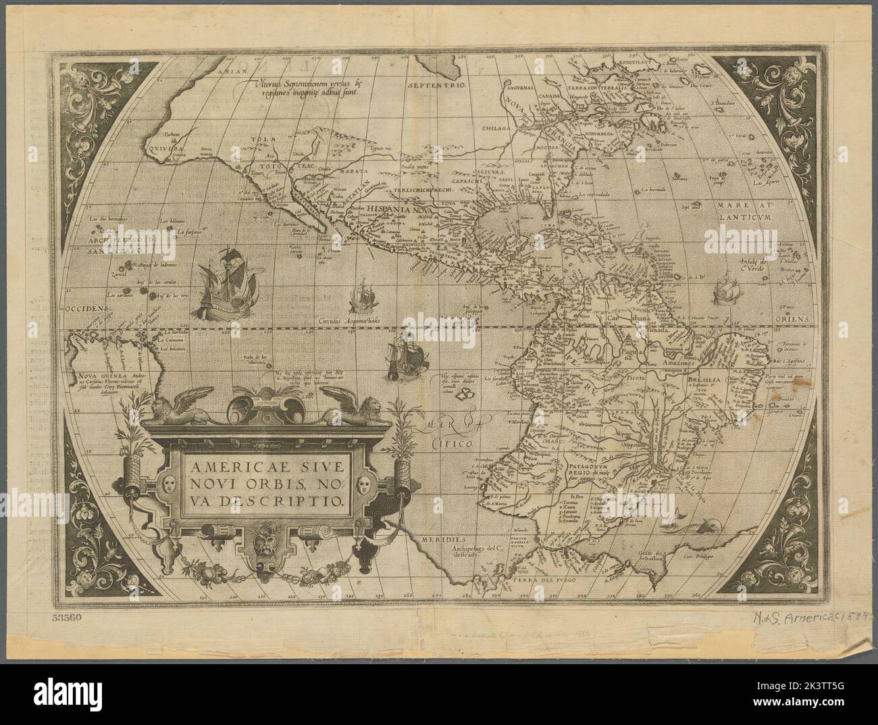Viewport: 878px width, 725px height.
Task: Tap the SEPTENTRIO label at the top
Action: click(x=438, y=86)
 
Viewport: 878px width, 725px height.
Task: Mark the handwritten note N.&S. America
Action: click(x=804, y=615)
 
